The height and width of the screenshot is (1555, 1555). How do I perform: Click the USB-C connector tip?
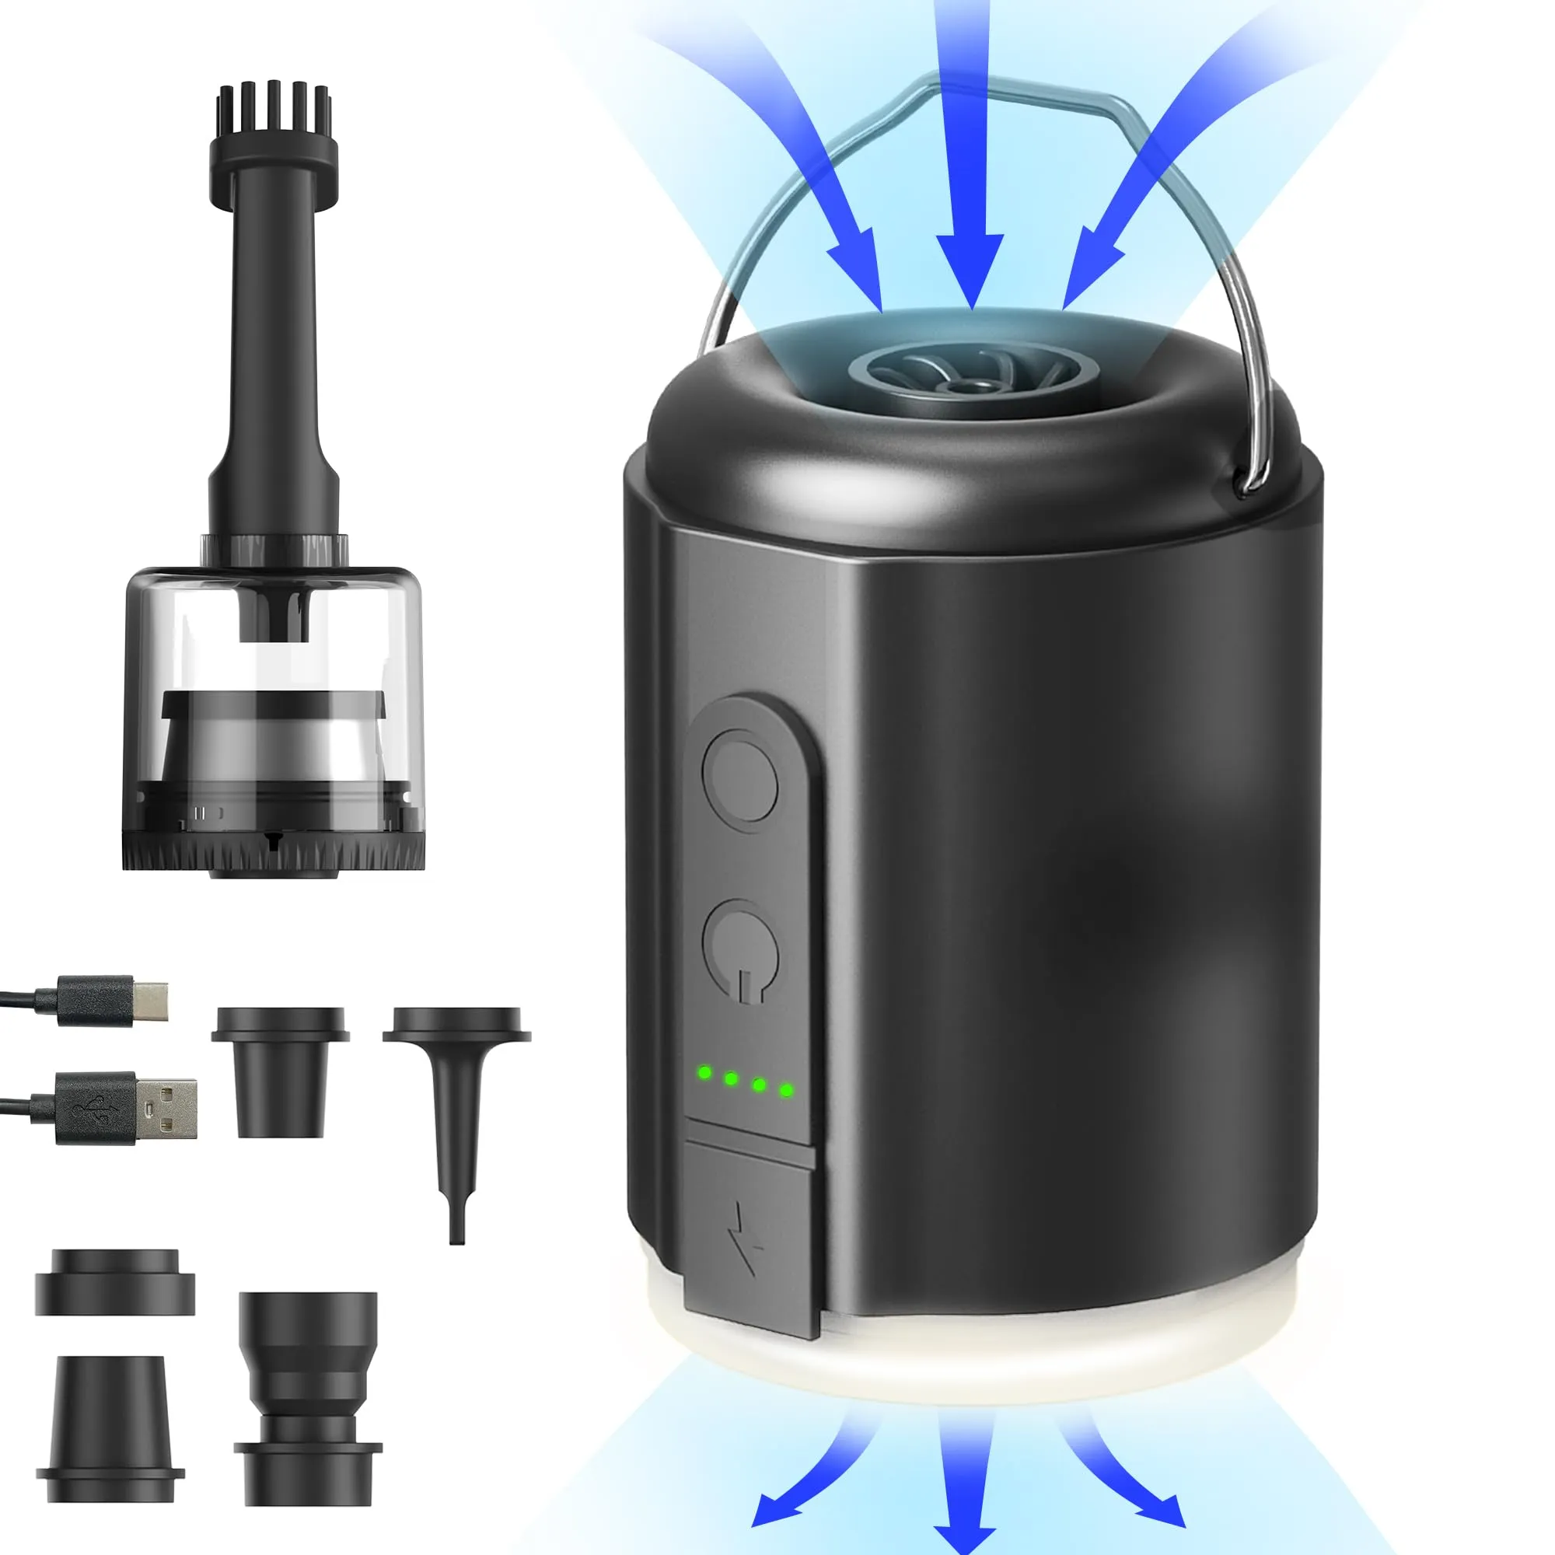coord(151,1000)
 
